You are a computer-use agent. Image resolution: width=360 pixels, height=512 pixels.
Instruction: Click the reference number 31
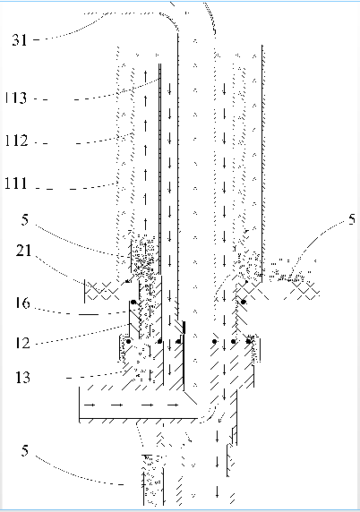[20, 40]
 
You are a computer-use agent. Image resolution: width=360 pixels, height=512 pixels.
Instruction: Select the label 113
[16, 98]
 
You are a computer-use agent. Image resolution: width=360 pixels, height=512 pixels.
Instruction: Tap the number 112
[16, 141]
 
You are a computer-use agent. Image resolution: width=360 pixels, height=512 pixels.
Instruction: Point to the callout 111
[16, 183]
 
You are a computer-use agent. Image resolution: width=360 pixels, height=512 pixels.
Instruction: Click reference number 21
[23, 251]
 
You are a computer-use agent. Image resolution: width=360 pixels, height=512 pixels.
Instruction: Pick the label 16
[22, 303]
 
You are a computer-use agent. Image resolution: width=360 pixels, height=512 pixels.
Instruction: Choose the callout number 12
[22, 343]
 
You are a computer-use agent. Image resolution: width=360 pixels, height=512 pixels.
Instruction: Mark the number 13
[22, 377]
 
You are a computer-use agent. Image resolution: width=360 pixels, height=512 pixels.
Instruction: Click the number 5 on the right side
[352, 219]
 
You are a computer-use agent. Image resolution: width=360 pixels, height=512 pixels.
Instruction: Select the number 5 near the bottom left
[25, 450]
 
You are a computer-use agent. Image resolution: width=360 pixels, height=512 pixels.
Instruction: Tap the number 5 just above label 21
[25, 219]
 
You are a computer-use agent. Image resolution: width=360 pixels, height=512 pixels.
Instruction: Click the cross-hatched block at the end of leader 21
[102, 290]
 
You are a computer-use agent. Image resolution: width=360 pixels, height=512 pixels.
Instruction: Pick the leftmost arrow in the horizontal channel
[90, 405]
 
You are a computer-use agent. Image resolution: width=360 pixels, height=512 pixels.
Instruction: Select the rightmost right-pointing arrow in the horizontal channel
[173, 405]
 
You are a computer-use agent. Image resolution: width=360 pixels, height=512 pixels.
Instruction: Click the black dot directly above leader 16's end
[133, 302]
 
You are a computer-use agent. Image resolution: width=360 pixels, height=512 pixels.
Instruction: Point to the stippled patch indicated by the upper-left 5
[144, 255]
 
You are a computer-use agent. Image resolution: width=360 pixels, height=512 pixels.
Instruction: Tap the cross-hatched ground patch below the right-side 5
[302, 290]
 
